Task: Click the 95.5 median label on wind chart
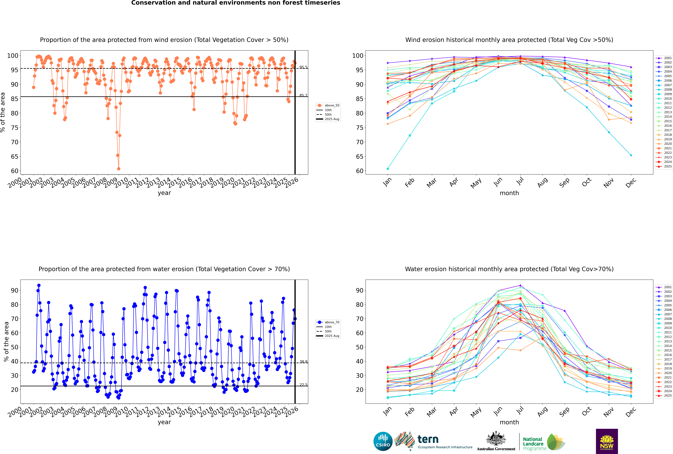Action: point(303,67)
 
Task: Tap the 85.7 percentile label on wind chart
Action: point(303,95)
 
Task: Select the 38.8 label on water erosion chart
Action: point(303,362)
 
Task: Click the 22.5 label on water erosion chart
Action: point(303,385)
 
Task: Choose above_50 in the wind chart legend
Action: point(332,105)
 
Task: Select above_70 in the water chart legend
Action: point(332,322)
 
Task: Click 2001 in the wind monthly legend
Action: point(667,58)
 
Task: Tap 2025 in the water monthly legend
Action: point(667,396)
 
